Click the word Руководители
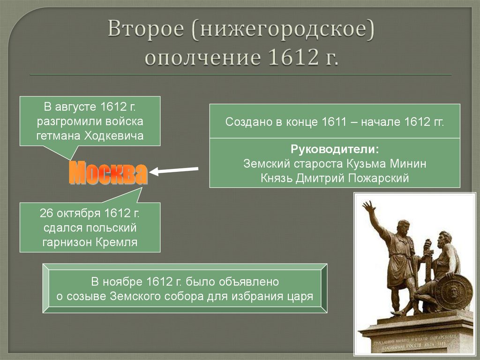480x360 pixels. click(335, 150)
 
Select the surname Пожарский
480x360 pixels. click(383, 178)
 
